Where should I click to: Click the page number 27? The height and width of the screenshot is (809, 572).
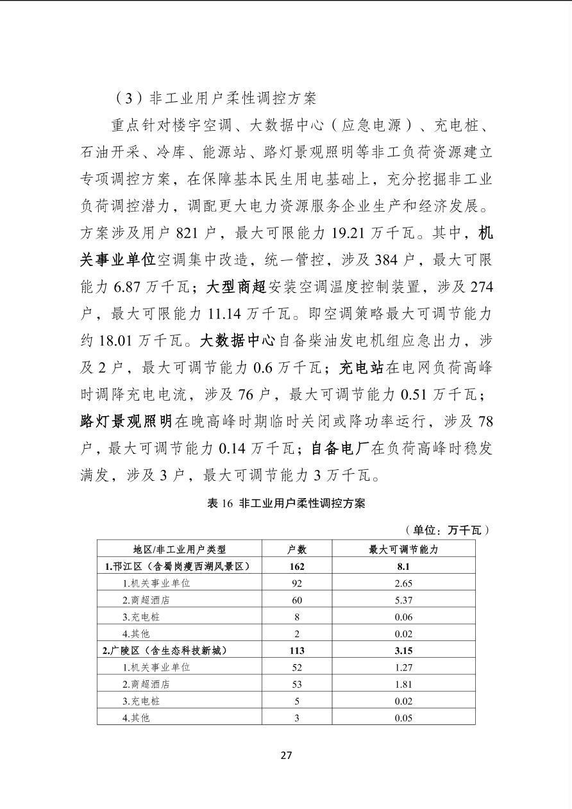click(x=286, y=755)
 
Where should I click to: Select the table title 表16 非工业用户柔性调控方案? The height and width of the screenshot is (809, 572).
click(x=286, y=503)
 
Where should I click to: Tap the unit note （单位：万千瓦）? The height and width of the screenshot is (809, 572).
click(x=447, y=530)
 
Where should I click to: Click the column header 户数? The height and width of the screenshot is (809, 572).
click(x=296, y=549)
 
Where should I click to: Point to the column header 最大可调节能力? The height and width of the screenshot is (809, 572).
click(x=403, y=549)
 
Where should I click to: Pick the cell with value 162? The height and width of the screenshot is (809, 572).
click(x=296, y=566)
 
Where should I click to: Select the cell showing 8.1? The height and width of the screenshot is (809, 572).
click(x=403, y=566)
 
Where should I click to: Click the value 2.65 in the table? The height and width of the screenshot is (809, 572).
click(x=403, y=583)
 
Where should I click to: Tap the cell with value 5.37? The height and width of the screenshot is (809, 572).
click(x=403, y=600)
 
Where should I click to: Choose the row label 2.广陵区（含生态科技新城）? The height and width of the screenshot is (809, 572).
click(x=165, y=650)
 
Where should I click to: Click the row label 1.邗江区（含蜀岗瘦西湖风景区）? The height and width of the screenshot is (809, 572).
click(x=176, y=566)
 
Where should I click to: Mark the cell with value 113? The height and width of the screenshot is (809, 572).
click(x=296, y=650)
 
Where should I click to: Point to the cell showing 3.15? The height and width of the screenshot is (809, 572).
click(x=403, y=650)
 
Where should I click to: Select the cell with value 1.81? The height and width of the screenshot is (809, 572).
click(x=403, y=684)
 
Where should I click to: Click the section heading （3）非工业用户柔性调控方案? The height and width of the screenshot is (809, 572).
click(x=216, y=98)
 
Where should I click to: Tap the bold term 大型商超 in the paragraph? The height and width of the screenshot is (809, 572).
click(x=235, y=287)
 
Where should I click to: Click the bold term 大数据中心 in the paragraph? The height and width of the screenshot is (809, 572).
click(x=237, y=340)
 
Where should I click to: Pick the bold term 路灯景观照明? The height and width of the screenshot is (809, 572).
click(x=126, y=421)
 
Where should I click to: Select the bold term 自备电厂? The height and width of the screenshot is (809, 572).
click(x=340, y=448)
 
